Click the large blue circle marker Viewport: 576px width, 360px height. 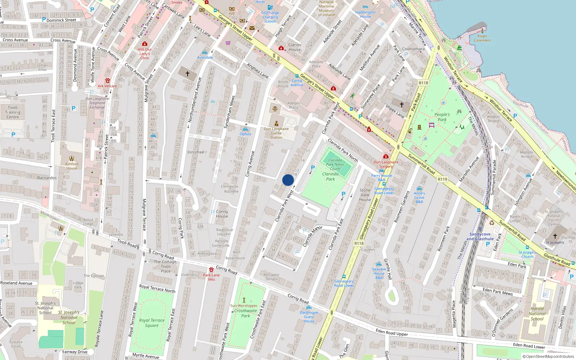tap(288, 180)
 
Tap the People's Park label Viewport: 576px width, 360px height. tap(442, 117)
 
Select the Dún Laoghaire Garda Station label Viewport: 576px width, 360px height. tap(276, 133)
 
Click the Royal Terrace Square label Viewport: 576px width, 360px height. tap(152, 323)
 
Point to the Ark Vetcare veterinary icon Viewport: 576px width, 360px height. tap(107, 81)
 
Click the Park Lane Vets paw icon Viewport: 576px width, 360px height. tap(211, 270)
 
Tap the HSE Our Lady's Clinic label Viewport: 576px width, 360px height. tap(145, 54)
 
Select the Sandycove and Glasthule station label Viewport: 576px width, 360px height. tap(480, 237)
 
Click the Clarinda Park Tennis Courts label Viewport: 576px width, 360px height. tap(335, 164)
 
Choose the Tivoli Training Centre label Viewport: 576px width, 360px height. tap(13, 112)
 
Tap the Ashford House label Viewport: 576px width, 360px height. tap(72, 166)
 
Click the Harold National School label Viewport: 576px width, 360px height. tap(537, 314)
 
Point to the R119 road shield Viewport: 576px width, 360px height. tap(442, 179)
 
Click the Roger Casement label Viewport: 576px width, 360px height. tap(482, 38)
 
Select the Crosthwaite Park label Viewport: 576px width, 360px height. tap(246, 313)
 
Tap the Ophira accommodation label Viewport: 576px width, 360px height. tap(245, 134)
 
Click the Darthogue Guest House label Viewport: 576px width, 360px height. tap(309, 317)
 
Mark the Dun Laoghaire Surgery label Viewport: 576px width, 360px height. tap(386, 164)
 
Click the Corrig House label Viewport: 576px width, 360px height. tap(222, 214)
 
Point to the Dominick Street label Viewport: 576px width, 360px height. tap(61, 20)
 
